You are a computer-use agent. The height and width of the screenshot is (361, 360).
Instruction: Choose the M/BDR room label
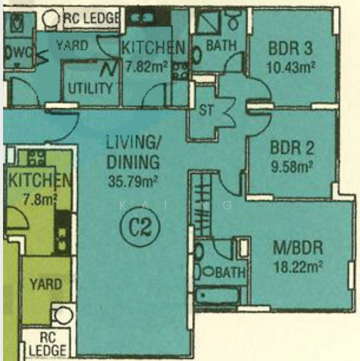tap(298, 248)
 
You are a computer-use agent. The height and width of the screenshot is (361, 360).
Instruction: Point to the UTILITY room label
tap(90, 88)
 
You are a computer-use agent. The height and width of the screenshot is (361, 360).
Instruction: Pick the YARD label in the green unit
tap(46, 283)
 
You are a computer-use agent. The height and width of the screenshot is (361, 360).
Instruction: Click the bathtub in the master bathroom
tap(217, 295)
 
